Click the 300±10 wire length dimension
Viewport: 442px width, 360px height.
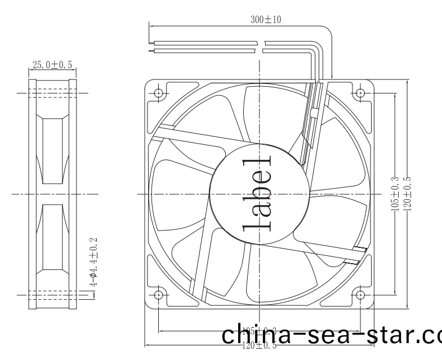[x=266, y=19]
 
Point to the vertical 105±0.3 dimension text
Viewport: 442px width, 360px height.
[x=394, y=194]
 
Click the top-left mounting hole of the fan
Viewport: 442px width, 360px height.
[x=158, y=92]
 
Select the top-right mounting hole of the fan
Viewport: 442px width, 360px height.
[x=360, y=92]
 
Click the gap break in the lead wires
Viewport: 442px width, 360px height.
[x=264, y=46]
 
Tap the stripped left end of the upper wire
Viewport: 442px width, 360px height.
[x=150, y=42]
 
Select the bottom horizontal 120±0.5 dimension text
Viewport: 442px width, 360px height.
[x=259, y=345]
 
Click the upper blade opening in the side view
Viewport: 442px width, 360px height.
[x=52, y=151]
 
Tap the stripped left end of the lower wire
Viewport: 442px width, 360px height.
[x=150, y=50]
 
